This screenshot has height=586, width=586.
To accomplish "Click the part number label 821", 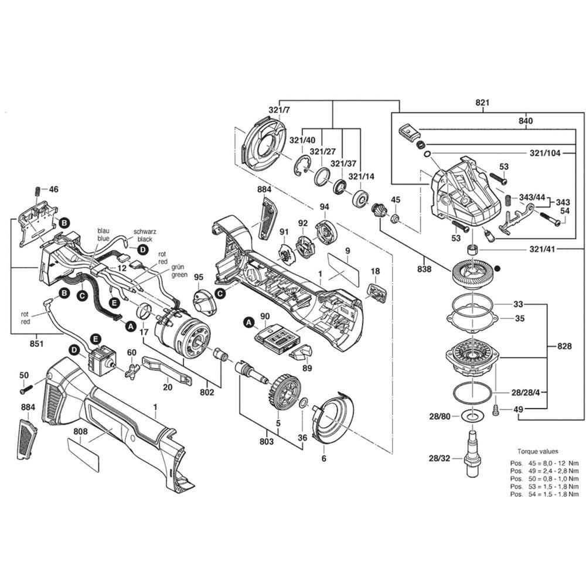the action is click(482, 103).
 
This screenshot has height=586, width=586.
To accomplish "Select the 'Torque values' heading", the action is click(537, 451).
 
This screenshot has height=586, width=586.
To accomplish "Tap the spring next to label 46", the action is click(38, 191).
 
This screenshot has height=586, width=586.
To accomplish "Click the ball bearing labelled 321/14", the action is click(360, 197).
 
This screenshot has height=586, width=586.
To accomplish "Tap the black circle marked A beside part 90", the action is click(248, 322).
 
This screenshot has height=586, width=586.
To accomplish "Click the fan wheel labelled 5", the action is click(286, 392).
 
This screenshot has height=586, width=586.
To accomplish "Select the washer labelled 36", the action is click(303, 403).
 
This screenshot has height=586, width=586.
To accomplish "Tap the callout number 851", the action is click(36, 343).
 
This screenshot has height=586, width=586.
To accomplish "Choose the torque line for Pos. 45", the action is click(544, 463).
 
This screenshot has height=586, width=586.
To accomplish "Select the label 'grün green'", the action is click(179, 271).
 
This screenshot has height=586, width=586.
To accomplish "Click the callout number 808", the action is click(80, 432).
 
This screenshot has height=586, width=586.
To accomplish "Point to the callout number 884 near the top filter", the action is click(264, 189).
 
